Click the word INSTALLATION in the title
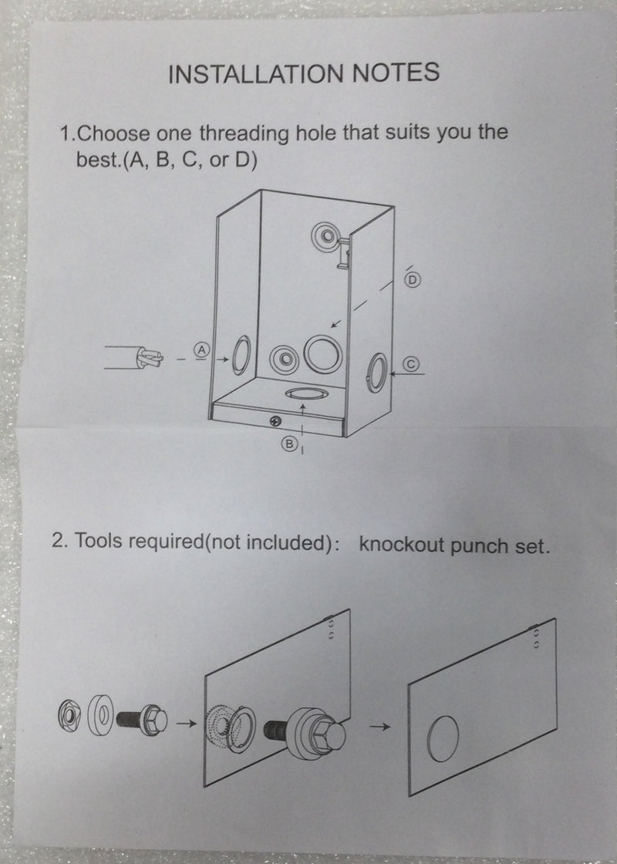pos(256,74)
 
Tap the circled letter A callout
pos(202,349)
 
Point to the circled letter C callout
pos(411,363)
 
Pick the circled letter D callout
pos(412,281)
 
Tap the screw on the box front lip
pos(275,421)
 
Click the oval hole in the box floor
pos(306,393)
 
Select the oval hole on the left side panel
pos(241,356)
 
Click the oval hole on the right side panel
pos(377,373)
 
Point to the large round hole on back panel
pos(323,354)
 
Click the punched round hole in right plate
pos(443,738)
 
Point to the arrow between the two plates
pos(379,727)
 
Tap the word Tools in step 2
pos(97,541)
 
